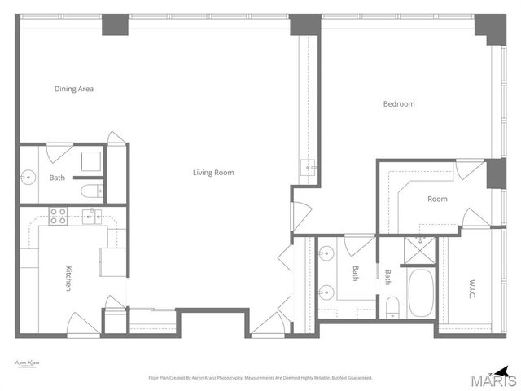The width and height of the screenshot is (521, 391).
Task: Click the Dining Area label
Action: point(74,89)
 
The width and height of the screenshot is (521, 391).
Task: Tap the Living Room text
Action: point(213,172)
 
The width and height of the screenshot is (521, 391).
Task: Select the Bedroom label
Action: point(399,103)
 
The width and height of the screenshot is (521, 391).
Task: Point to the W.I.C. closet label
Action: point(472,288)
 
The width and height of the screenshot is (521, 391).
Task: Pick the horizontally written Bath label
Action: point(57,178)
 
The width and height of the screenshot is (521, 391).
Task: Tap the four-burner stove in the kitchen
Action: point(58,216)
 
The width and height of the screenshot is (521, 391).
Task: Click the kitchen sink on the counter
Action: point(93,216)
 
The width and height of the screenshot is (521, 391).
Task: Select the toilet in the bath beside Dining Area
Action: point(91,192)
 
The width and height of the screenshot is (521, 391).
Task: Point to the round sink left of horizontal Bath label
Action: point(28,175)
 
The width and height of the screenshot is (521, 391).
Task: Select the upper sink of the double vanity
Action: point(326,252)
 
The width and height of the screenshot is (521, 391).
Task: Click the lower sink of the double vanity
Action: point(326,292)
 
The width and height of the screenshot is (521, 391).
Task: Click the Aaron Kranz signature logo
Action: point(28,363)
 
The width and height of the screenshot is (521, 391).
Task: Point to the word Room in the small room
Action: point(437,199)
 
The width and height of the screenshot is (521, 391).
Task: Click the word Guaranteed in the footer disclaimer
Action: point(356,378)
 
